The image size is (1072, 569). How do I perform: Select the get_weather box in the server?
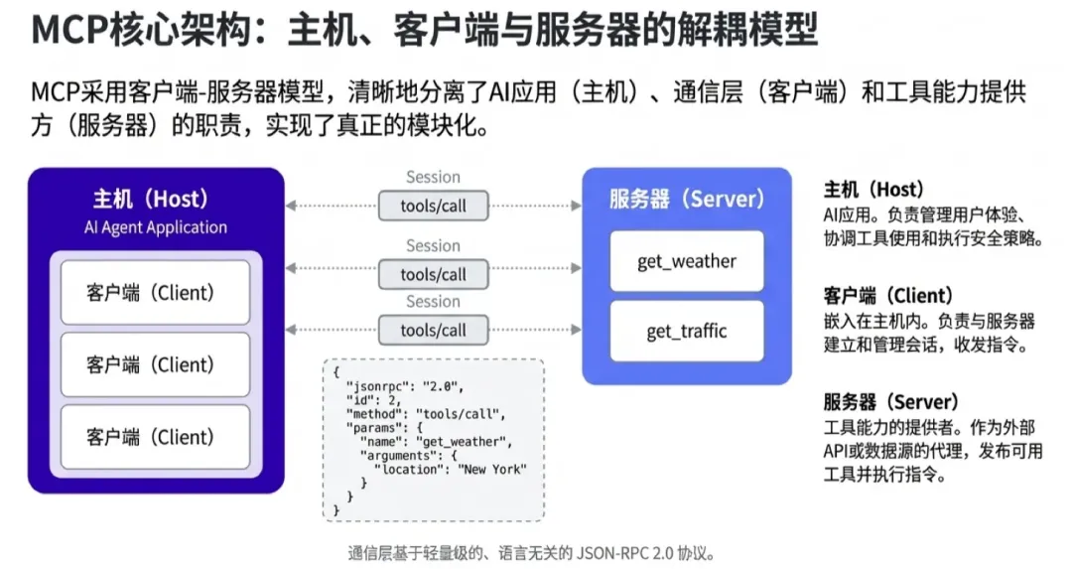687,262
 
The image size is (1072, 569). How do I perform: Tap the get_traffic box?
687,331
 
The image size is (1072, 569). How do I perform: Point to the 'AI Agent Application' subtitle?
156,227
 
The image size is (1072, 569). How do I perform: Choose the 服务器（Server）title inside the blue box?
687,199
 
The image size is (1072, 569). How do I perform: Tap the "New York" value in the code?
492,469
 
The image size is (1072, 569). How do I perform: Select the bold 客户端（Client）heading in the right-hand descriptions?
888,296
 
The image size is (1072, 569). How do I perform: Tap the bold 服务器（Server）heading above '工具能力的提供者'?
890,402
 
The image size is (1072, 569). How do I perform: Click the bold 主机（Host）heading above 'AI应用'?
873,189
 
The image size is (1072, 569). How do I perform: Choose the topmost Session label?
433,177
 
